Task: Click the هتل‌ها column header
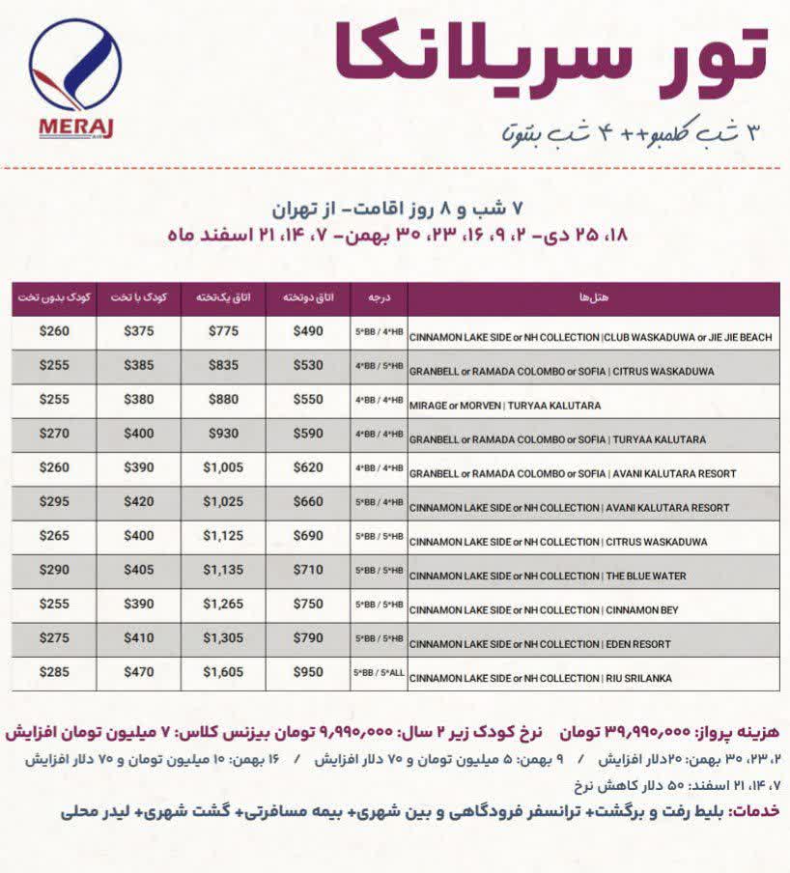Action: click(592, 297)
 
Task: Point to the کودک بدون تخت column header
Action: click(53, 297)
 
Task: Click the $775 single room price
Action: click(223, 331)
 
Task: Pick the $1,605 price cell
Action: click(223, 672)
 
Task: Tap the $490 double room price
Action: click(308, 331)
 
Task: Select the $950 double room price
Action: click(308, 672)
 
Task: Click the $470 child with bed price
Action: click(138, 672)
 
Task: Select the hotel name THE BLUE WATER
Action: click(645, 576)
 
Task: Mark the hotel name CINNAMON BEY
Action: click(645, 610)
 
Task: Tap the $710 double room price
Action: click(308, 570)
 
